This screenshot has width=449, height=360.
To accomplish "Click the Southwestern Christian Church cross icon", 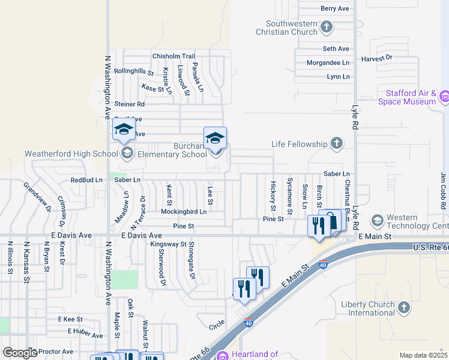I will click(327, 26).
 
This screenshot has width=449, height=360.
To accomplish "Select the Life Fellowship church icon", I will click(337, 143).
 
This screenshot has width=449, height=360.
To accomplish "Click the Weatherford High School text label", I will click(71, 154).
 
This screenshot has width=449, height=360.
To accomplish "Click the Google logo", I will click(20, 353).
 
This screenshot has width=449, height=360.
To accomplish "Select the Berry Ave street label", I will click(335, 8).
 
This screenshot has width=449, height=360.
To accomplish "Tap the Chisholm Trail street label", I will click(173, 56).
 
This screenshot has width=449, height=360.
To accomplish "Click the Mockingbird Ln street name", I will click(183, 211).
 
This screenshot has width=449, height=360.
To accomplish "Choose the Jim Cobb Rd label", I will click(444, 190).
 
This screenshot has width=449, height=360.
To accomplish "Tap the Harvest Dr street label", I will click(376, 58).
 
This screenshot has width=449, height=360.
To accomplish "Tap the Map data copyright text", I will click(423, 355).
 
